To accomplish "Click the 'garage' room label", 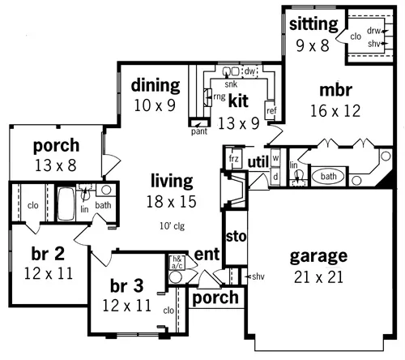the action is coord(318,256).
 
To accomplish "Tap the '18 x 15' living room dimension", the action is coord(171,202).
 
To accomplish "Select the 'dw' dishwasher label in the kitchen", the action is coord(249,71).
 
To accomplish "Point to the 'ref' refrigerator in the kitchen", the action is coord(271,110).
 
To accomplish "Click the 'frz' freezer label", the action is coord(233,158).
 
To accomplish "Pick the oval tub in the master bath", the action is coord(328,177).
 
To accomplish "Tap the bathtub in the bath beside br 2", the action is coord(66,204).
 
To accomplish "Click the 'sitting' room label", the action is coord(313,25).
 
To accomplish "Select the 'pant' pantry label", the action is coord(199,131).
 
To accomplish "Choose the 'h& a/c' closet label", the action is coord(177,262).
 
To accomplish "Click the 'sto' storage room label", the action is coord(236,237).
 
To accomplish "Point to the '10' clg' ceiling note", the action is coord(172,225).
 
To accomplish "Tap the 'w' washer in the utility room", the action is coord(275,157).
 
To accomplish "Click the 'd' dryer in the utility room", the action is coord(275,177).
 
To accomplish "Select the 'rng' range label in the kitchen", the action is coord(220,96).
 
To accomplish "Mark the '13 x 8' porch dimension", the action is coord(56,165).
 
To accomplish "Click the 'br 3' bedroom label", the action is coord(126,286).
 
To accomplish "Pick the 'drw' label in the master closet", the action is coord(373,31).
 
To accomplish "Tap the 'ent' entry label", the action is coord(207,255).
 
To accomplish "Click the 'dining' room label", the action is coord(156,86).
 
